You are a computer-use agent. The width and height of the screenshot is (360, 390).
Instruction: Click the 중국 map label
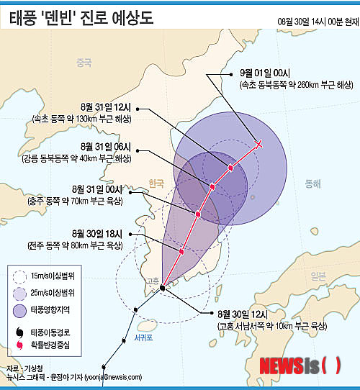85,63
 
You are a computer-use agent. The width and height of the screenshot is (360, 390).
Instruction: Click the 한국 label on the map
156,183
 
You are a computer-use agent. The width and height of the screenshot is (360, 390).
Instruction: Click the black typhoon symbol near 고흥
162,287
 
